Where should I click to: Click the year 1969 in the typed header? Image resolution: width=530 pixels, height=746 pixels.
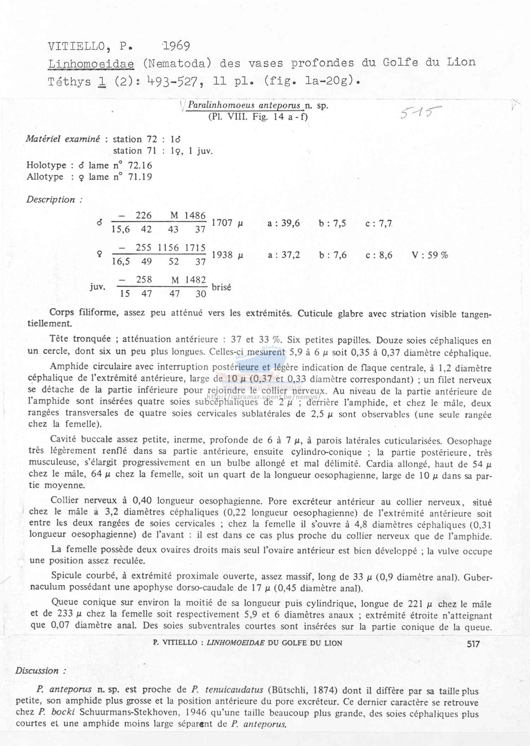click(x=176, y=46)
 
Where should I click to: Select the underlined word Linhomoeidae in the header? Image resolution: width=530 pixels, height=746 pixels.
click(x=91, y=64)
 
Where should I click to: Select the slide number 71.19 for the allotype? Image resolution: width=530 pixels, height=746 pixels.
click(x=140, y=177)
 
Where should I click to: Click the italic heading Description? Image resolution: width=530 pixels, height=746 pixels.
click(x=51, y=200)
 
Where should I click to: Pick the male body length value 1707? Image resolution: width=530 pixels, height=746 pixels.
click(x=222, y=223)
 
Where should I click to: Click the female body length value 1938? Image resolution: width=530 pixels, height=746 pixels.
click(x=222, y=255)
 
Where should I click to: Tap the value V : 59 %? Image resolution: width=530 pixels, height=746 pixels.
click(x=430, y=255)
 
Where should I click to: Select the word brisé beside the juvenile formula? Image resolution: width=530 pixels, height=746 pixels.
click(x=221, y=287)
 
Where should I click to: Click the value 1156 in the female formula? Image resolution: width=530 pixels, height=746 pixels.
click(x=168, y=248)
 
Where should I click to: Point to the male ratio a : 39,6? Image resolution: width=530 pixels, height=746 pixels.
click(x=284, y=223)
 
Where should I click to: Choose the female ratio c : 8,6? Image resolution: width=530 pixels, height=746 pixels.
click(x=379, y=255)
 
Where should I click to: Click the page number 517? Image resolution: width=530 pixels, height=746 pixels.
click(x=473, y=644)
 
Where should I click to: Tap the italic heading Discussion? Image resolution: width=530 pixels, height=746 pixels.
click(x=37, y=671)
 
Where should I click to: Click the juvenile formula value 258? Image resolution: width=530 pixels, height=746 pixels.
click(x=144, y=280)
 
